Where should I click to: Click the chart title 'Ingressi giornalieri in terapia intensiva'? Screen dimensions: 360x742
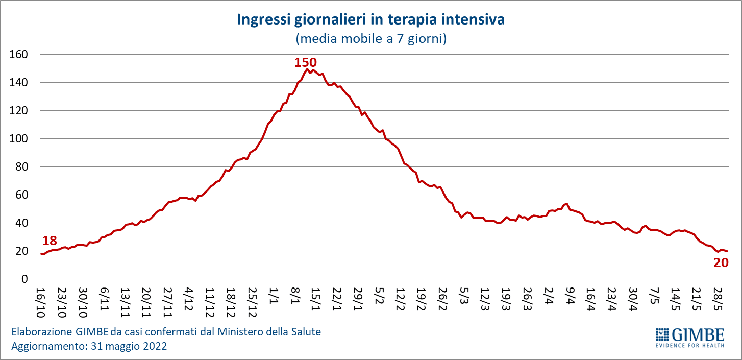pyautogui.click(x=370, y=20)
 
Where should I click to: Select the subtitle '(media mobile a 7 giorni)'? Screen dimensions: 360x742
pyautogui.click(x=370, y=39)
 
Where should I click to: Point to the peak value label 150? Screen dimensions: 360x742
pyautogui.click(x=305, y=62)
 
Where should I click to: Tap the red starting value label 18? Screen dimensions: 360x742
pyautogui.click(x=49, y=241)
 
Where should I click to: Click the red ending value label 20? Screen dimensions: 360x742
pyautogui.click(x=720, y=262)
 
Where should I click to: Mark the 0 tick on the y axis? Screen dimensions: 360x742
pyautogui.click(x=25, y=279)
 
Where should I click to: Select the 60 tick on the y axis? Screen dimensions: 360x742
pyautogui.click(x=21, y=195)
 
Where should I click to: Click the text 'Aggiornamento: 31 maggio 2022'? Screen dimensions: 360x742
pyautogui.click(x=89, y=346)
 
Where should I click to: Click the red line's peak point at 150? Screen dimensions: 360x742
pyautogui.click(x=308, y=69)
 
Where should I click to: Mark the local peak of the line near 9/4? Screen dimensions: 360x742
pyautogui.click(x=567, y=204)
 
